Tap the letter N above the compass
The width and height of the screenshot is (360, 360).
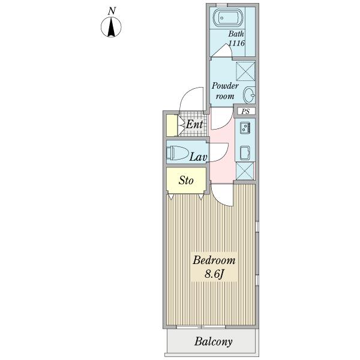coord(112,10)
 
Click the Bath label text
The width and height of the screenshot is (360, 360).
coord(235,34)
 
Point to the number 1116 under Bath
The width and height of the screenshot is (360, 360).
coord(235,44)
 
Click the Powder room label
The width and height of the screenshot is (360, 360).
coord(226,91)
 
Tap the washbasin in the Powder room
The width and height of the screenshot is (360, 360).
coord(250,95)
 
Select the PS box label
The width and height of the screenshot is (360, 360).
coord(246,112)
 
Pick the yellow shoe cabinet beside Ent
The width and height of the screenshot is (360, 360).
coord(172,125)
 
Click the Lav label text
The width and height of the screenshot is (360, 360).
coord(198,157)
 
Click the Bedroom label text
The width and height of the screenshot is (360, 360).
coord(214,261)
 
